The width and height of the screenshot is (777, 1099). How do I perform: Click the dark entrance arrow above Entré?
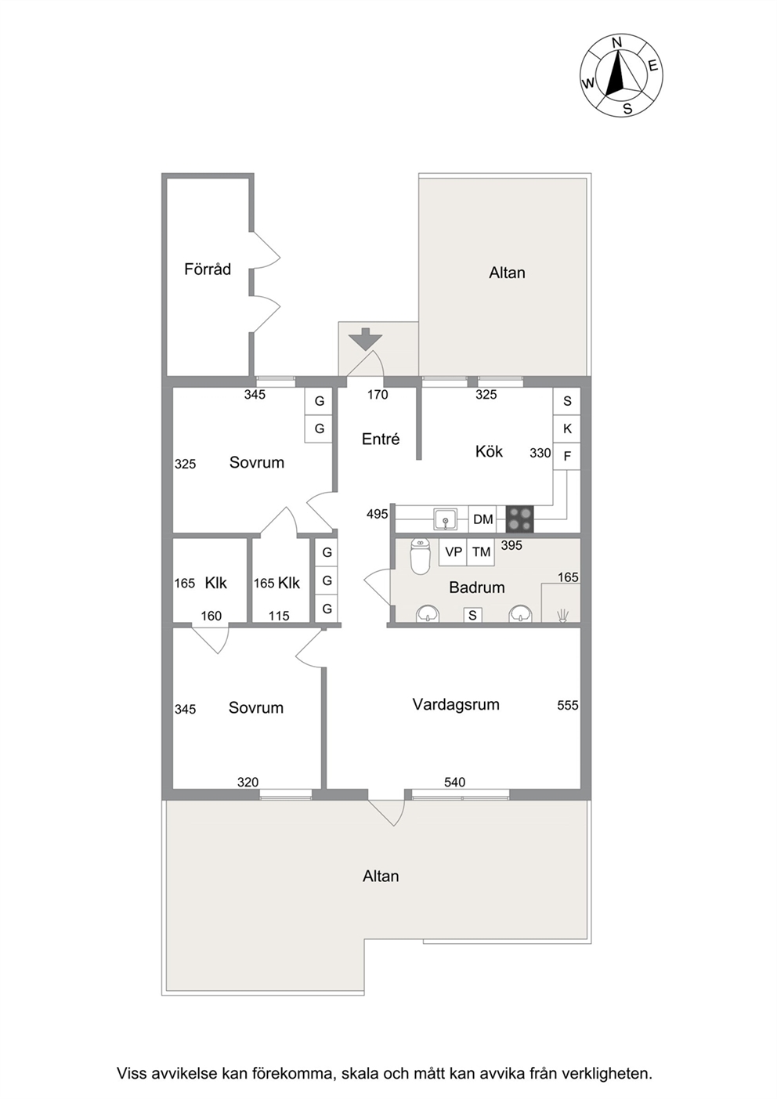(x=365, y=338)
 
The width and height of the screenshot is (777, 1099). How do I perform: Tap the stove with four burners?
(x=519, y=519)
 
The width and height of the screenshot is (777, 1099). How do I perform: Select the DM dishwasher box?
(x=482, y=519)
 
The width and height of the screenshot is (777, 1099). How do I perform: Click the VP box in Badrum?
(x=454, y=552)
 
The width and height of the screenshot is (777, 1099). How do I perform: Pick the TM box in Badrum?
(x=481, y=552)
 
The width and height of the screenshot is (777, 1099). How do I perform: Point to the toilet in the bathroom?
(x=420, y=556)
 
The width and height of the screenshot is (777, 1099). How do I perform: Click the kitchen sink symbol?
(x=446, y=519)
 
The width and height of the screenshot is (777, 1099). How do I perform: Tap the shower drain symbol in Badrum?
(x=562, y=615)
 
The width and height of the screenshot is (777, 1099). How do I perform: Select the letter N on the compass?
(x=617, y=42)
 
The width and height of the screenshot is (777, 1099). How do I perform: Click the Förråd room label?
(x=208, y=269)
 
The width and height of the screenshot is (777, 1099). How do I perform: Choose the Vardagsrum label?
(x=456, y=704)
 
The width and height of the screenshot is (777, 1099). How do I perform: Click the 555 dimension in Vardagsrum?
(x=568, y=705)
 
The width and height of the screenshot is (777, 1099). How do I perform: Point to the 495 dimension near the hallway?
(x=378, y=514)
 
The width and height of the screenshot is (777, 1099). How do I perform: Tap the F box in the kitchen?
(x=567, y=456)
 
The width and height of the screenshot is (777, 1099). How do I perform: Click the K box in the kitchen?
(x=567, y=428)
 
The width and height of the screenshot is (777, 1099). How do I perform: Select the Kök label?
(x=489, y=451)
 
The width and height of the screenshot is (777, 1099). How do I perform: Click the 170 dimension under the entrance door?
(x=378, y=394)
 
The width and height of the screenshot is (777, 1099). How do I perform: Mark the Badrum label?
(x=477, y=587)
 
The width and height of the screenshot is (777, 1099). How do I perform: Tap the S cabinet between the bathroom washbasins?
(x=472, y=615)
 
